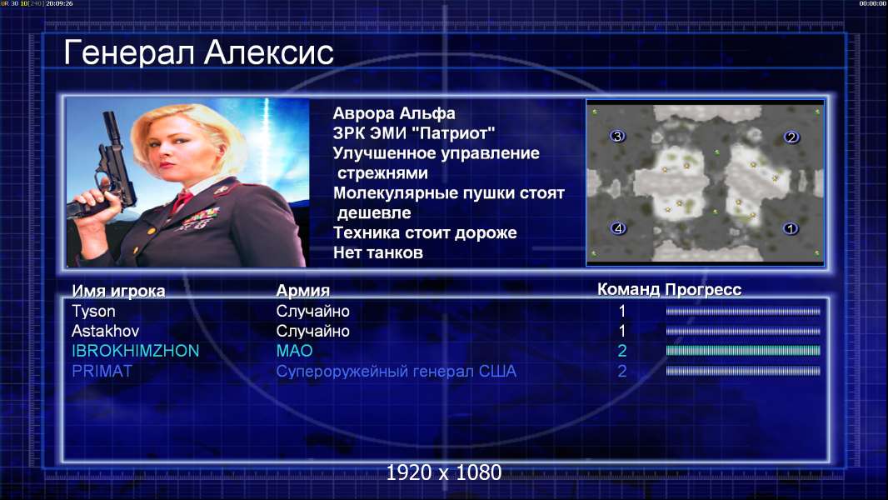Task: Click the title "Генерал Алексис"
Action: click(199, 52)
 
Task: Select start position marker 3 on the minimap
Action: click(617, 136)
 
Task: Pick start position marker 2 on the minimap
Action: click(791, 137)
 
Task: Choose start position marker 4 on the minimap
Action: click(618, 228)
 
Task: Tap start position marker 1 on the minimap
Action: click(790, 228)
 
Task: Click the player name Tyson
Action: click(93, 312)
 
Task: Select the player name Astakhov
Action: click(105, 331)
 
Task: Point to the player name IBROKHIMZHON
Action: click(135, 351)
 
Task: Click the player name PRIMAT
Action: click(102, 371)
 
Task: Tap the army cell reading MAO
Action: click(295, 351)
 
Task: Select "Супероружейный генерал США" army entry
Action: click(397, 372)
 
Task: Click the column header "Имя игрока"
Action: click(118, 291)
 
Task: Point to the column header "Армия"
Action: click(303, 291)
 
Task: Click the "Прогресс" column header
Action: click(703, 290)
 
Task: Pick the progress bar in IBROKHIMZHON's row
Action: click(743, 351)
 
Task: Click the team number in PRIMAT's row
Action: click(621, 371)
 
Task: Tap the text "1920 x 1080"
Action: click(444, 472)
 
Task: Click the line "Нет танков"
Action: click(378, 252)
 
